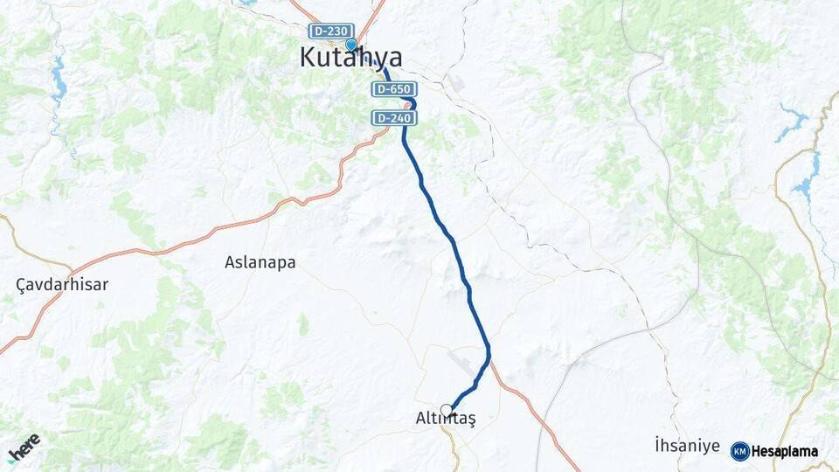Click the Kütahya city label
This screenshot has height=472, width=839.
[x=350, y=59]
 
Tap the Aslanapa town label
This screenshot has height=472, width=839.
[x=260, y=262]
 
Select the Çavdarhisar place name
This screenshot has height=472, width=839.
[x=62, y=285]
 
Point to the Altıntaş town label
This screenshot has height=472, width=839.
[x=446, y=420]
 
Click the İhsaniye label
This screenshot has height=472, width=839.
[x=687, y=446]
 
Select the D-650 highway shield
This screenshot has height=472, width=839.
[x=393, y=89]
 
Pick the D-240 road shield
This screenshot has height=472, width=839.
[x=393, y=117]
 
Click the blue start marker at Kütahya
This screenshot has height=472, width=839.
[x=350, y=45]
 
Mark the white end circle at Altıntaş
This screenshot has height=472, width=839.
[x=447, y=410]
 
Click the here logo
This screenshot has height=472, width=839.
[x=24, y=447]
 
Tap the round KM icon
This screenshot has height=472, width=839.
[x=739, y=451]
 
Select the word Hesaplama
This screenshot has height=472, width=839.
[x=785, y=451]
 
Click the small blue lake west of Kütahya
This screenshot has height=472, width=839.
[x=59, y=85]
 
